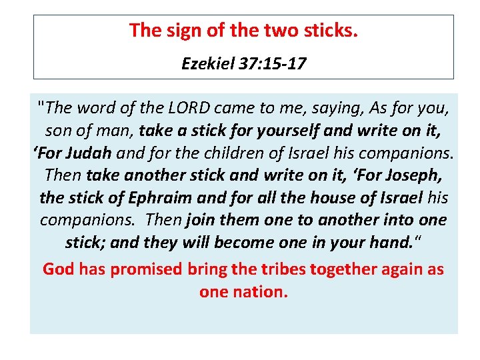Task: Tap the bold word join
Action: tap(203, 221)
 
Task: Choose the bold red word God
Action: tap(59, 269)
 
